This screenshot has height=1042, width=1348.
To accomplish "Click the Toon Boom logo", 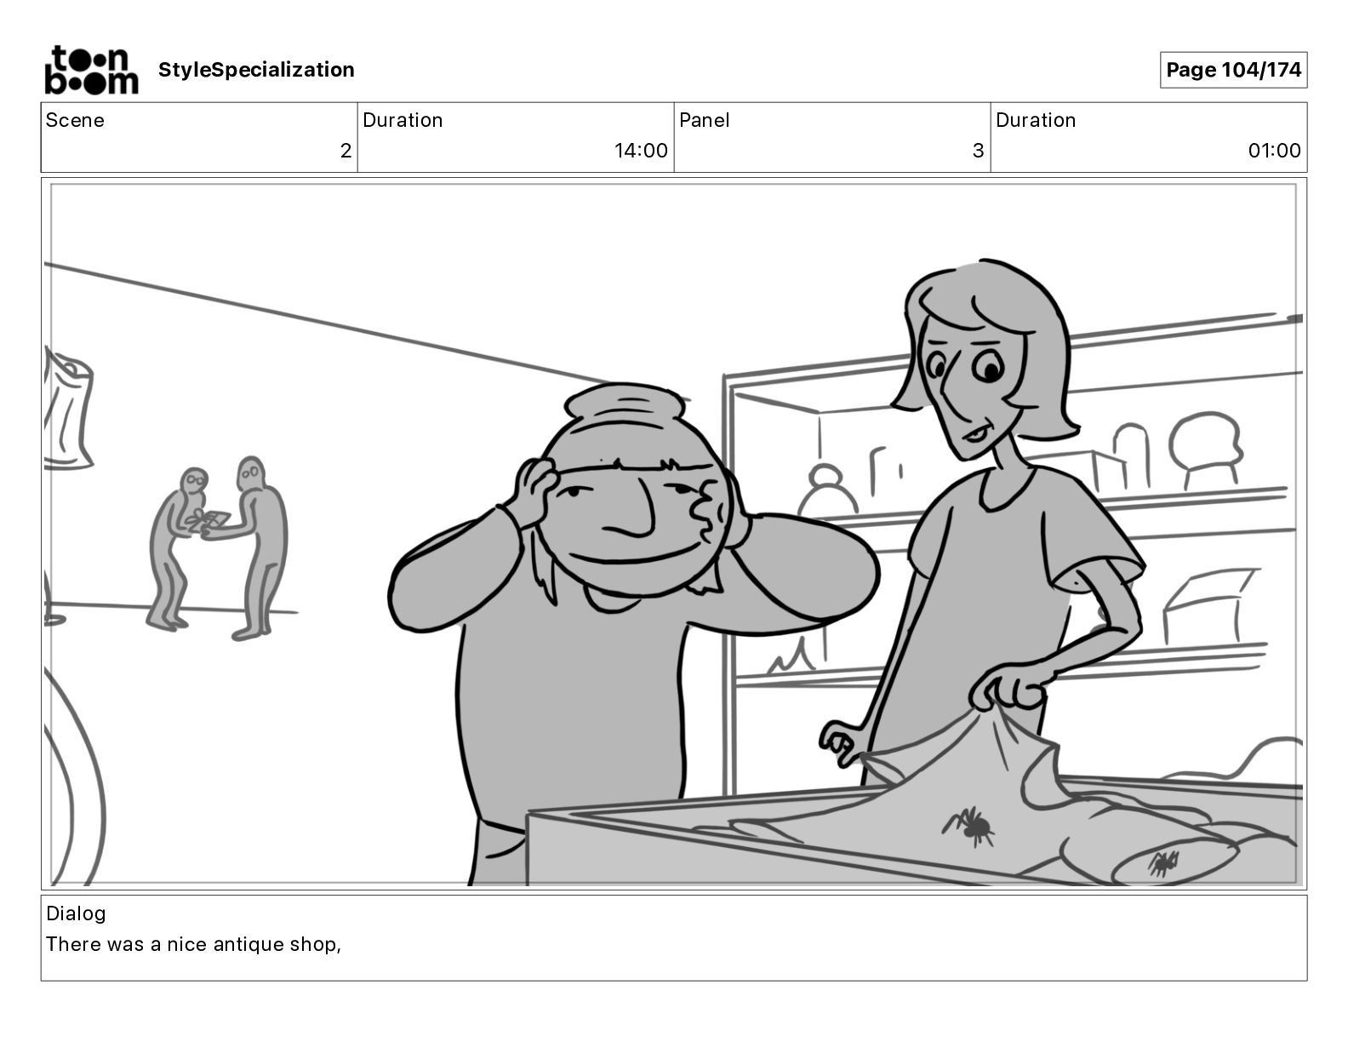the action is (91, 70).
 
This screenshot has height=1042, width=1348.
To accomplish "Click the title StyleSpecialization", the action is (256, 70).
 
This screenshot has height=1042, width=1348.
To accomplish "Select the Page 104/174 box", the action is (1233, 70).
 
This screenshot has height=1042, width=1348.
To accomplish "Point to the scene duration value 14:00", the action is (641, 150).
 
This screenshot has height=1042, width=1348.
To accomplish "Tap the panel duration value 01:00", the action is (1274, 150).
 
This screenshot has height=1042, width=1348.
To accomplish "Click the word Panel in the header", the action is (704, 120).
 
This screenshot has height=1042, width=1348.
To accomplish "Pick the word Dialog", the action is (76, 913).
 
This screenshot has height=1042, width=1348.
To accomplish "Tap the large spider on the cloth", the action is (969, 826).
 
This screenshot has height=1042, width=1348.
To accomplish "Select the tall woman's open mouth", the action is (974, 433).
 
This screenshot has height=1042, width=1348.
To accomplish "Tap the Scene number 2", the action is (346, 150).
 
